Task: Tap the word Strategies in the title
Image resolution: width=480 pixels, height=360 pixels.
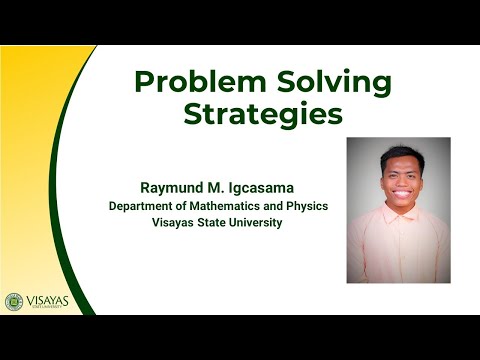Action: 263,114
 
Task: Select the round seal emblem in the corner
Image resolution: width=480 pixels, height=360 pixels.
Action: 14,301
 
